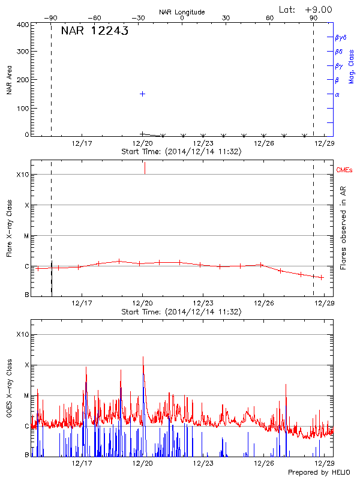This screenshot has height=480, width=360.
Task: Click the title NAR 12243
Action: tap(95, 32)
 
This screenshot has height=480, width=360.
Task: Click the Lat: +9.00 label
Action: tap(305, 10)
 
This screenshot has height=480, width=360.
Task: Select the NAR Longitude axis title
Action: tap(182, 12)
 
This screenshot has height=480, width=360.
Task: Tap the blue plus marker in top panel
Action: tap(142, 94)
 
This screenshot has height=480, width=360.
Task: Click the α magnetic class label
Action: tap(337, 95)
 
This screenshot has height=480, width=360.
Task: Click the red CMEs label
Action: tap(345, 170)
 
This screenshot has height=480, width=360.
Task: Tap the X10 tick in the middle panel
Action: tap(23, 175)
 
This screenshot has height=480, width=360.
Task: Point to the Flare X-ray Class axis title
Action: tap(9, 227)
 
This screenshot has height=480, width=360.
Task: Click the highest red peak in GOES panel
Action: tap(143, 357)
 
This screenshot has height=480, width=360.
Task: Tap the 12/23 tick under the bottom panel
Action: tap(203, 463)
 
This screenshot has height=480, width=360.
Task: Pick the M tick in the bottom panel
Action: tap(26, 395)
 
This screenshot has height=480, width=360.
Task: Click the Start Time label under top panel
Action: tap(181, 152)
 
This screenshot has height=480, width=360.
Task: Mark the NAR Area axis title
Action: tap(9, 80)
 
